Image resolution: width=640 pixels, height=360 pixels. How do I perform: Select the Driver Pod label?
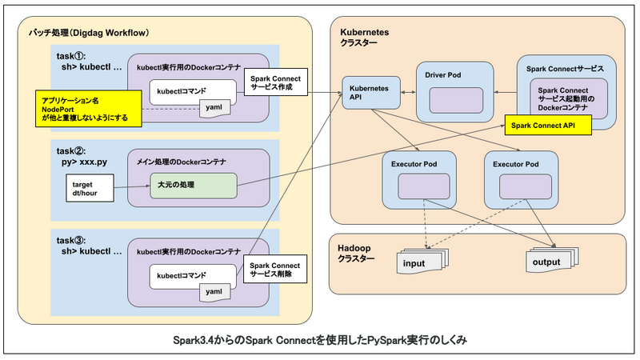(442, 74)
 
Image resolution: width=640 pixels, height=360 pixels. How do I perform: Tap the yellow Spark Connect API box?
(544, 126)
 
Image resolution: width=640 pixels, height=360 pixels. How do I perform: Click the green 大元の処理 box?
(193, 186)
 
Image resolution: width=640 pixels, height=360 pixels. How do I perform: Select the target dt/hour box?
(86, 190)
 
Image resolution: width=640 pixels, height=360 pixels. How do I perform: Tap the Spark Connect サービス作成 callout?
(274, 82)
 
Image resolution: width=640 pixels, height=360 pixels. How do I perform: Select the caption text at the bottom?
(319, 339)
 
